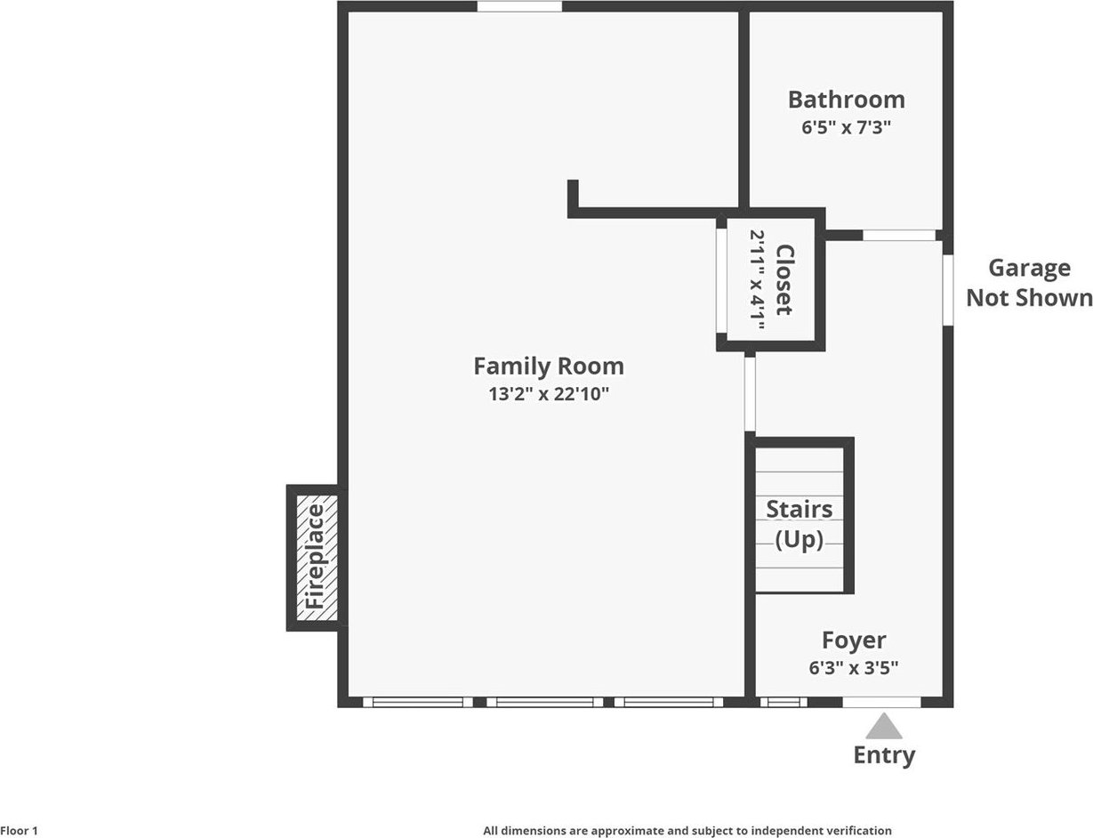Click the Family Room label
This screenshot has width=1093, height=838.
tap(549, 367)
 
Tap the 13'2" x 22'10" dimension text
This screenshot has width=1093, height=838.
tap(549, 394)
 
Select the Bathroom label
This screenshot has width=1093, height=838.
tap(847, 100)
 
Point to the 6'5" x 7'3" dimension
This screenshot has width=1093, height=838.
tap(847, 127)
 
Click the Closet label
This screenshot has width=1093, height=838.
tap(784, 280)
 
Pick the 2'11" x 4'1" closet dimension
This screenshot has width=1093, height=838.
tap(758, 280)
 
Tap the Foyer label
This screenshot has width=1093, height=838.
tap(854, 641)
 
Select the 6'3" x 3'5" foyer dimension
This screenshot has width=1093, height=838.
tap(854, 668)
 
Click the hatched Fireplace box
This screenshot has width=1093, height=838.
tap(317, 557)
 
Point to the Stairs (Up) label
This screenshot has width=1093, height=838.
tap(800, 525)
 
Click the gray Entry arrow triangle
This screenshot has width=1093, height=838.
tap(884, 726)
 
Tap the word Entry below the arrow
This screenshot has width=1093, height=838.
tap(884, 756)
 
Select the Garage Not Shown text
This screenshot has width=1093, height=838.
tap(1029, 283)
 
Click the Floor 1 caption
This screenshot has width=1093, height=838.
tap(19, 831)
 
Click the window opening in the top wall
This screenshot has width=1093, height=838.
tap(519, 6)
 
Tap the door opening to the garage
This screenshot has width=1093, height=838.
tap(948, 290)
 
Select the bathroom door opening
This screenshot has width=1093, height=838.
tap(899, 235)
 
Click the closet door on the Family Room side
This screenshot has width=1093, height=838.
tap(721, 281)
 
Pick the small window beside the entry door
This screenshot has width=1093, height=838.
tap(784, 702)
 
